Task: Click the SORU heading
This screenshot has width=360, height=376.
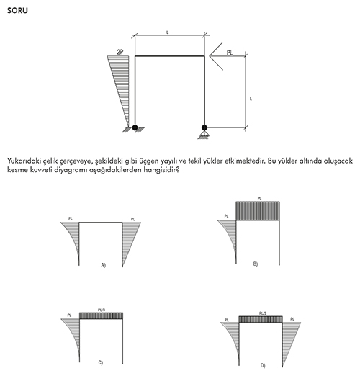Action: (x=17, y=11)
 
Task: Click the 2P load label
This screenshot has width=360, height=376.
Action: (x=120, y=52)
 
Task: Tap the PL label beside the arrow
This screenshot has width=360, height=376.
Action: (x=230, y=53)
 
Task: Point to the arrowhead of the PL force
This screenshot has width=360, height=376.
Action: (x=210, y=56)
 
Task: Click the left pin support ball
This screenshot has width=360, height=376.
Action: (x=135, y=127)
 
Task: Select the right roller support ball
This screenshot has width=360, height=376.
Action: (x=204, y=127)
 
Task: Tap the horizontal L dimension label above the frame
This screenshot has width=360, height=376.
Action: (x=168, y=32)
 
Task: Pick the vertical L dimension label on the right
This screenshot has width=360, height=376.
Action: (x=251, y=99)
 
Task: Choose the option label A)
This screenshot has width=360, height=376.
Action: (x=103, y=265)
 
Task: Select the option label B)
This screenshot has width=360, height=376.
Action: (x=256, y=264)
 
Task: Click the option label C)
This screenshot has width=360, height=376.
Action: (x=101, y=362)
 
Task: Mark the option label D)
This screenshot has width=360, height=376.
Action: (x=263, y=365)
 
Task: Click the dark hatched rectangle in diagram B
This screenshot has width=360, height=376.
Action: (x=258, y=211)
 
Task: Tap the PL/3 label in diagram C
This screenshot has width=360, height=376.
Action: (x=102, y=310)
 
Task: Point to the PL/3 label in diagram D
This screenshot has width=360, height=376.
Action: (x=263, y=313)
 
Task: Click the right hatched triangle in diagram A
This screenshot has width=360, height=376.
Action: (x=130, y=238)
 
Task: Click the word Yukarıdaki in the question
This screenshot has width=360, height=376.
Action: (x=24, y=161)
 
